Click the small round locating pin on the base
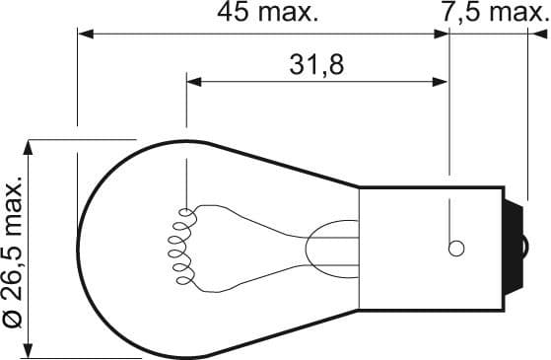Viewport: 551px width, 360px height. point(455,248)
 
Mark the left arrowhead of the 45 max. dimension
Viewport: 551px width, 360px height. point(85,34)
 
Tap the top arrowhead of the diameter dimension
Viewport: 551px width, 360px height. point(33,147)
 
